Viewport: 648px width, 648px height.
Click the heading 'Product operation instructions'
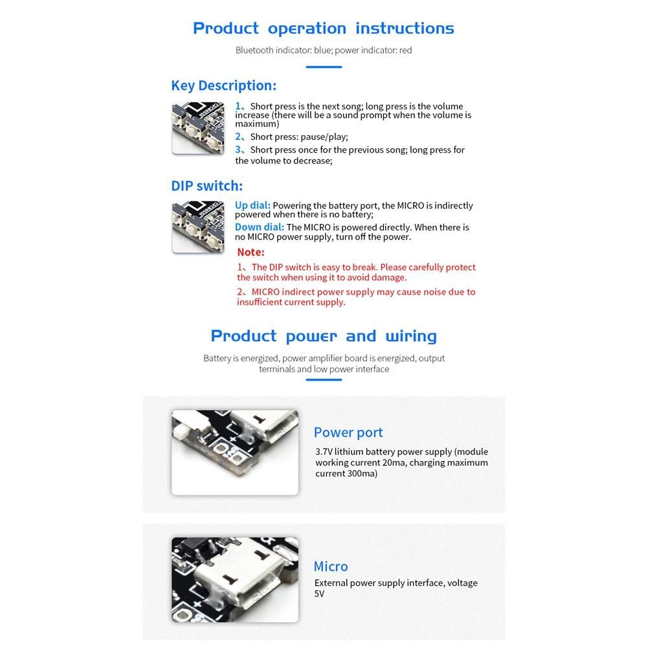[x=324, y=28]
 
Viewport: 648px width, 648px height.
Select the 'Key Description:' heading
[x=223, y=85]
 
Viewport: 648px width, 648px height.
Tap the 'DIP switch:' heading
[x=207, y=186]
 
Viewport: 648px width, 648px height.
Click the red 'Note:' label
[x=251, y=252]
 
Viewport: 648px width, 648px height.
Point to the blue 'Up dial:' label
[x=252, y=205]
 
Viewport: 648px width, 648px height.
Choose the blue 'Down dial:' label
[x=259, y=227]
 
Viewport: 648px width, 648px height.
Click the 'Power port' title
[x=348, y=432]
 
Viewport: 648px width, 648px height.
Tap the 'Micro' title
[x=331, y=566]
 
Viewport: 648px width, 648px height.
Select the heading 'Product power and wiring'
[x=324, y=337]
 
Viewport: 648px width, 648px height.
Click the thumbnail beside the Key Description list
[x=198, y=129]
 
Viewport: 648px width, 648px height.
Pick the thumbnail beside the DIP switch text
[x=198, y=227]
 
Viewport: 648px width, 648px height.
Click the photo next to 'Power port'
[x=235, y=452]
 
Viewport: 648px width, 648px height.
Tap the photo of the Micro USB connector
[x=235, y=580]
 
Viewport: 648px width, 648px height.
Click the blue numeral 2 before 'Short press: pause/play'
[x=238, y=137]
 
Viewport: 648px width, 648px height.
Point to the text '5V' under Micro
[x=319, y=594]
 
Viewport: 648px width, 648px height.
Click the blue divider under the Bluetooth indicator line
[x=324, y=67]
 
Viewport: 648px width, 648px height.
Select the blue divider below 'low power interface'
[x=324, y=380]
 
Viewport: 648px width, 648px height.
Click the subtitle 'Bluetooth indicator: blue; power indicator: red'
[x=324, y=50]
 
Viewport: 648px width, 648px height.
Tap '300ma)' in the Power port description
[x=363, y=474]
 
